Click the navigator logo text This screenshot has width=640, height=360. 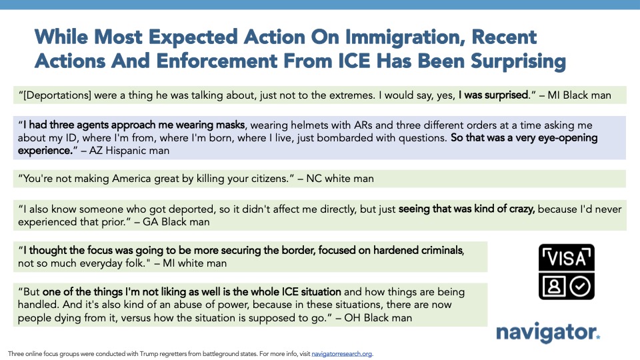tap(547, 332)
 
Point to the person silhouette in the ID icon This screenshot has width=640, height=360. tap(553, 287)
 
